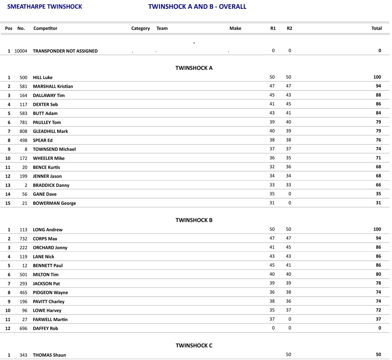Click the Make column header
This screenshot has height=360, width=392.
(235, 28)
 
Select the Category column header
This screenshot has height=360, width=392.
(140, 28)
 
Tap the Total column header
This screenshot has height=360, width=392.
(376, 28)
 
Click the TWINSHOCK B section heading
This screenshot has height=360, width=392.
(194, 220)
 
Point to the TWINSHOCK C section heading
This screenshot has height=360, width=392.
(194, 346)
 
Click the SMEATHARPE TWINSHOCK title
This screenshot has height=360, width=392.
(45, 7)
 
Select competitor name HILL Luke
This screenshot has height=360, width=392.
(43, 77)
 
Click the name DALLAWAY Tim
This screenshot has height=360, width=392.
(49, 95)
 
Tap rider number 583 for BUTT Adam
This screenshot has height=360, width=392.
(24, 113)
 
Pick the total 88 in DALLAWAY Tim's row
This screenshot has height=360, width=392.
(378, 95)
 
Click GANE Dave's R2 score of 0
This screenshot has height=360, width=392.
(290, 194)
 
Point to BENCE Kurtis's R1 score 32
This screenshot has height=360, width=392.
(272, 167)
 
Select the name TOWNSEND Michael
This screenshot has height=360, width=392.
(54, 149)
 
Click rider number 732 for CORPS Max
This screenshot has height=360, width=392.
(24, 239)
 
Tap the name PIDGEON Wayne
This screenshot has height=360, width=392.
(50, 293)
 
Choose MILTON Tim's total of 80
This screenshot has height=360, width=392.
(378, 274)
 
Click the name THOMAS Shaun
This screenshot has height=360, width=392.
(49, 355)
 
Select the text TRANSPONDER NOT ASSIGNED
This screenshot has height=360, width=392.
(65, 51)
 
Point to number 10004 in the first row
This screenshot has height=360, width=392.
(21, 51)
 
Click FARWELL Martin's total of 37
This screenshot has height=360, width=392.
(378, 319)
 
